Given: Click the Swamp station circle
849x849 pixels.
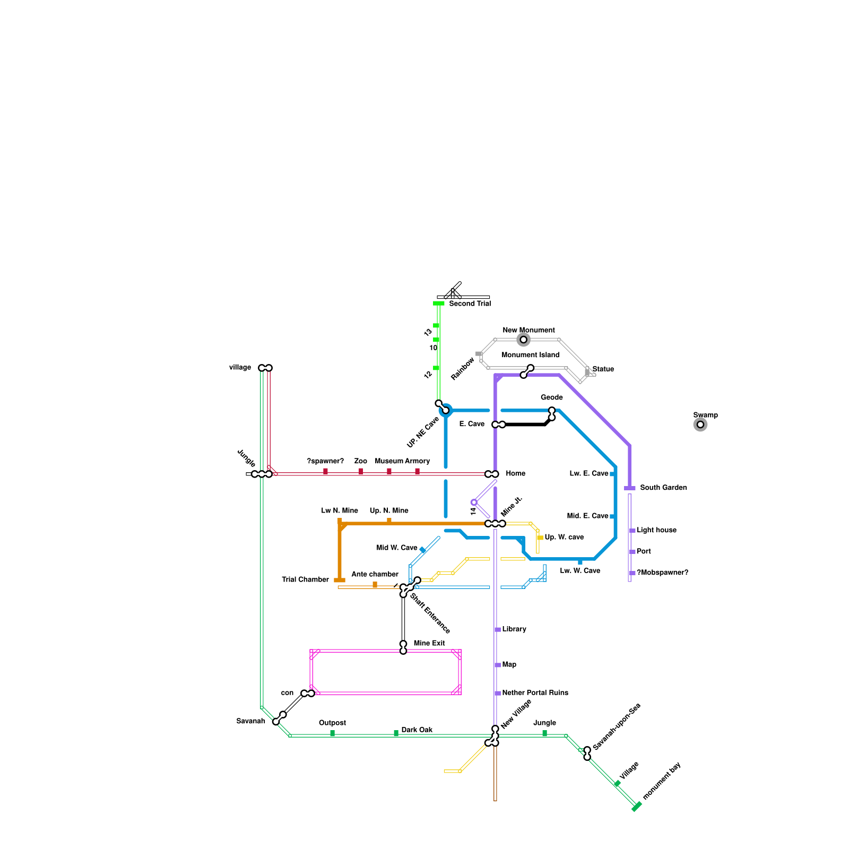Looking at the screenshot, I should (x=700, y=424).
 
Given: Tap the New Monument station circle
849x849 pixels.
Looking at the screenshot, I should (x=524, y=340).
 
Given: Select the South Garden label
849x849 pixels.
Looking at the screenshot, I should (x=663, y=488).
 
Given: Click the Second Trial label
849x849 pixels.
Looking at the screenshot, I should (x=470, y=304).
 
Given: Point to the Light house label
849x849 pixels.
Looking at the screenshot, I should (x=656, y=530).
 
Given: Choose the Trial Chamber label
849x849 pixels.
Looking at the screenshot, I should (x=305, y=579).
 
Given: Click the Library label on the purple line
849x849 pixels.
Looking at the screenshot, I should (x=514, y=629).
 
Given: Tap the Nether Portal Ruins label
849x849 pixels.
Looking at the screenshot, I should (x=535, y=693).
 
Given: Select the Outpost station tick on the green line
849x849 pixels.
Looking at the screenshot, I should (x=333, y=734).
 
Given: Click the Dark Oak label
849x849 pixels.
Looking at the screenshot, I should (x=417, y=730).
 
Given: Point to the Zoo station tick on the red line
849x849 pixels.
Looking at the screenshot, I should (x=361, y=471).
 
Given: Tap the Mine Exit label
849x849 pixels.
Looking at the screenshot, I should (x=429, y=643).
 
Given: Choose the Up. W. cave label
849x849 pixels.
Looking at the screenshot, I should (x=564, y=538).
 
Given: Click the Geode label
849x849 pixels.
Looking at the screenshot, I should (x=552, y=397).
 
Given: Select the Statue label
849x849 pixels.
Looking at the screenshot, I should (x=603, y=369).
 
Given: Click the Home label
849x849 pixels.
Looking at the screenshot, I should (x=515, y=473).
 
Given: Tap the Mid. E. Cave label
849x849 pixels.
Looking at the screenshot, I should (x=587, y=516).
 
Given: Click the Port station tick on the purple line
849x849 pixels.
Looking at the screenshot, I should (x=632, y=552).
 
